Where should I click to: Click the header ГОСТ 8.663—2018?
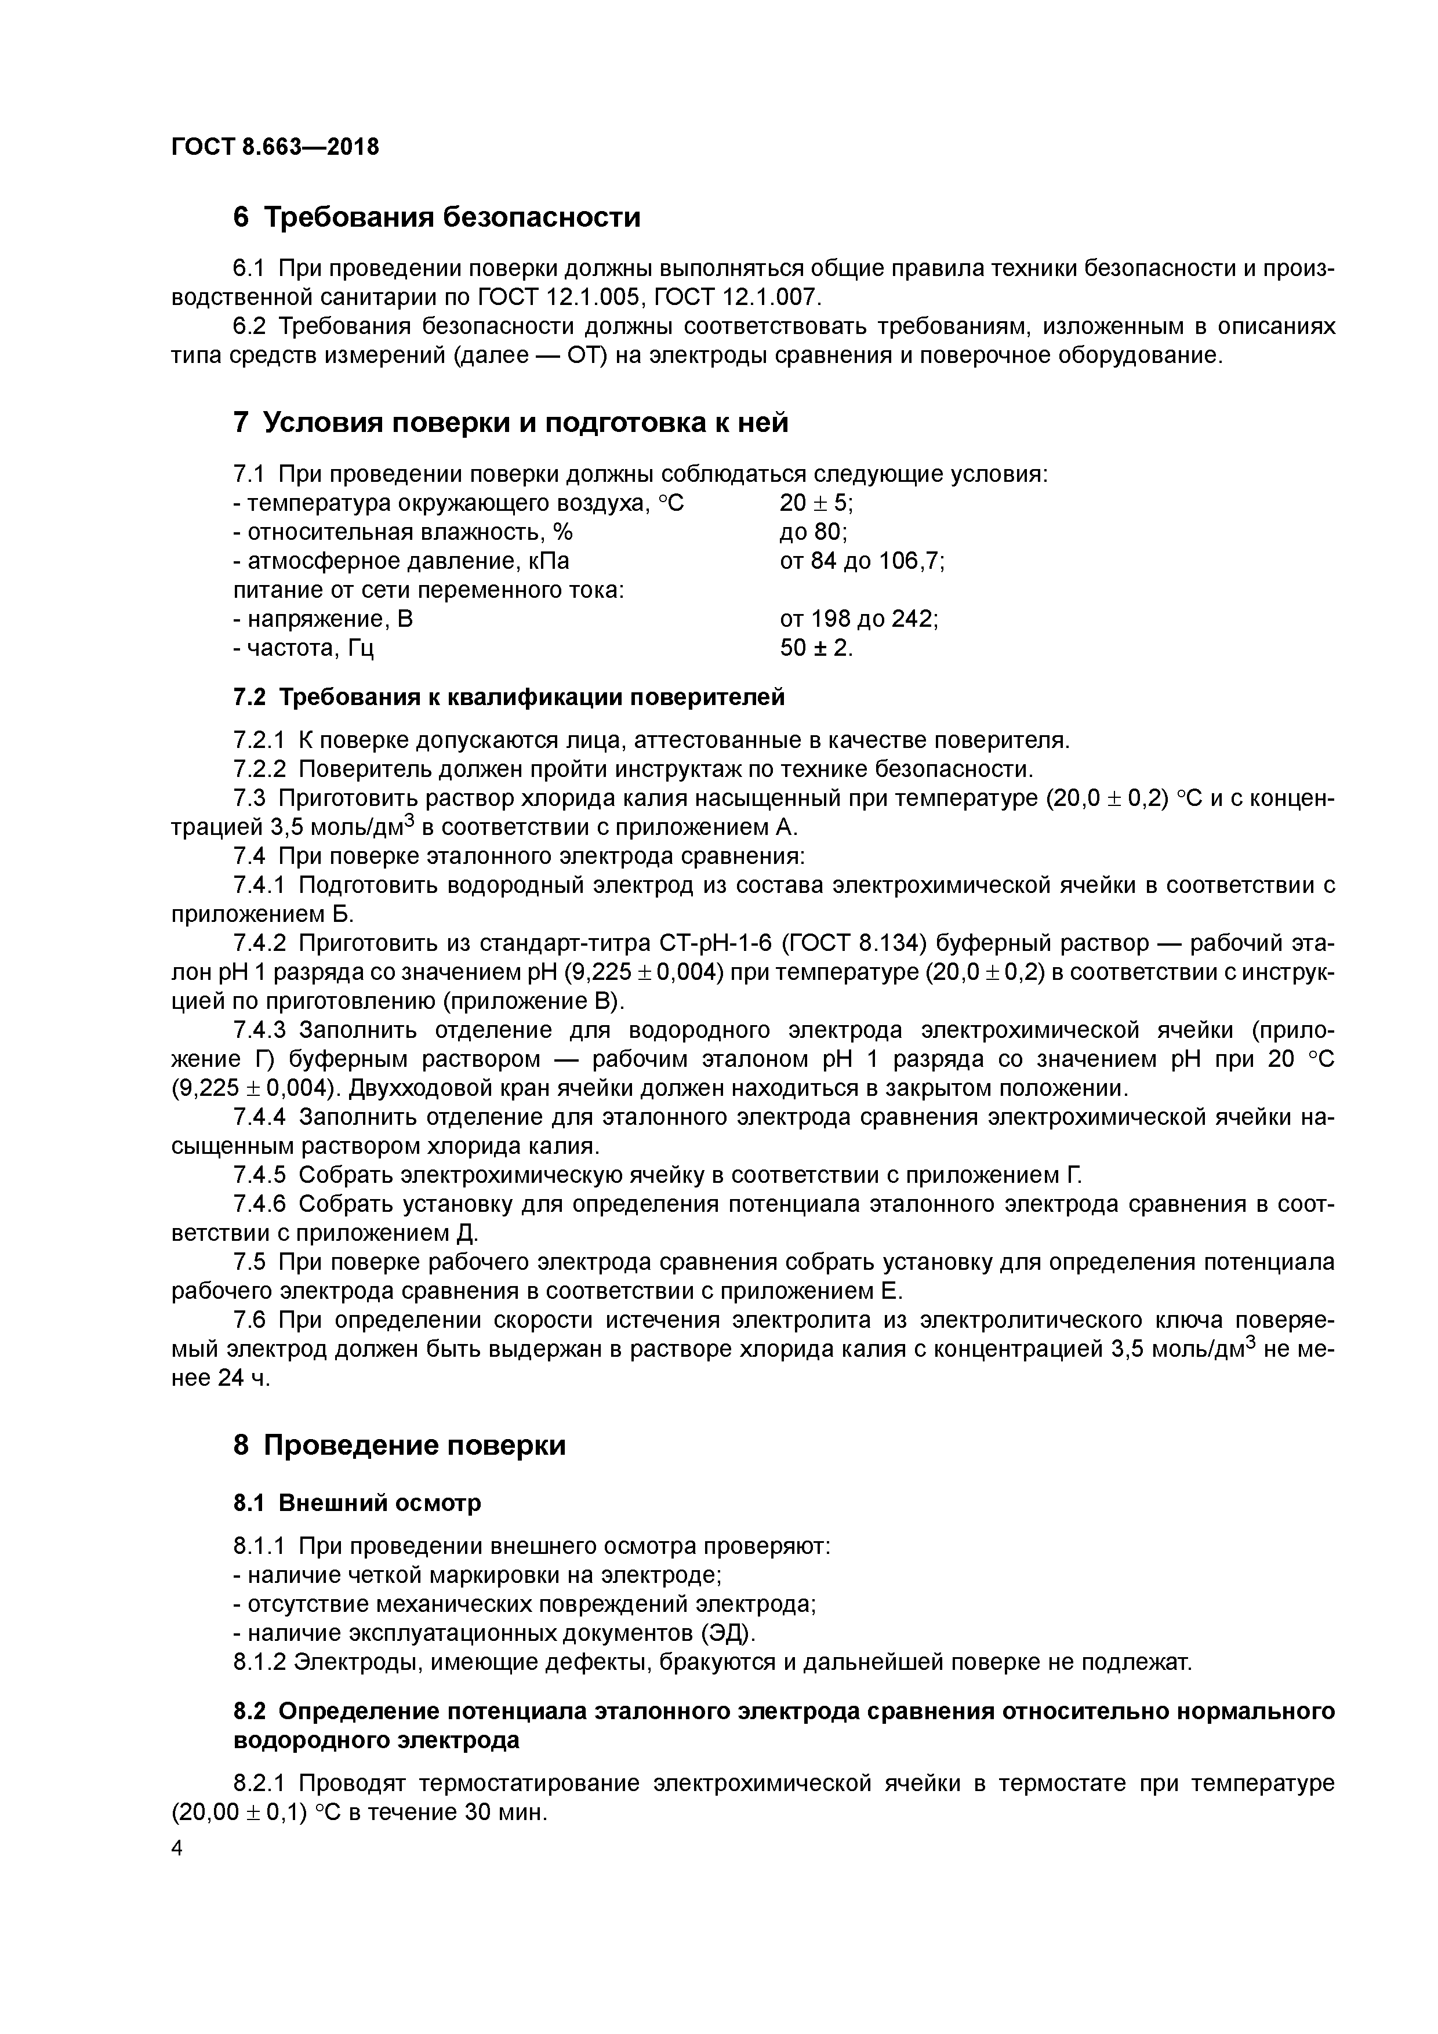(275, 146)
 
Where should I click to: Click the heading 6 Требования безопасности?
(436, 217)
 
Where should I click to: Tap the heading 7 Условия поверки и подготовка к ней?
(510, 423)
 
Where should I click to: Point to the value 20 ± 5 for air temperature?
(816, 503)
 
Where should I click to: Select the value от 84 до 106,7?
(862, 561)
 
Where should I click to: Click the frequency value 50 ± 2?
(816, 648)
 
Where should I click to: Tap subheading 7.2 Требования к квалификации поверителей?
(509, 697)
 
